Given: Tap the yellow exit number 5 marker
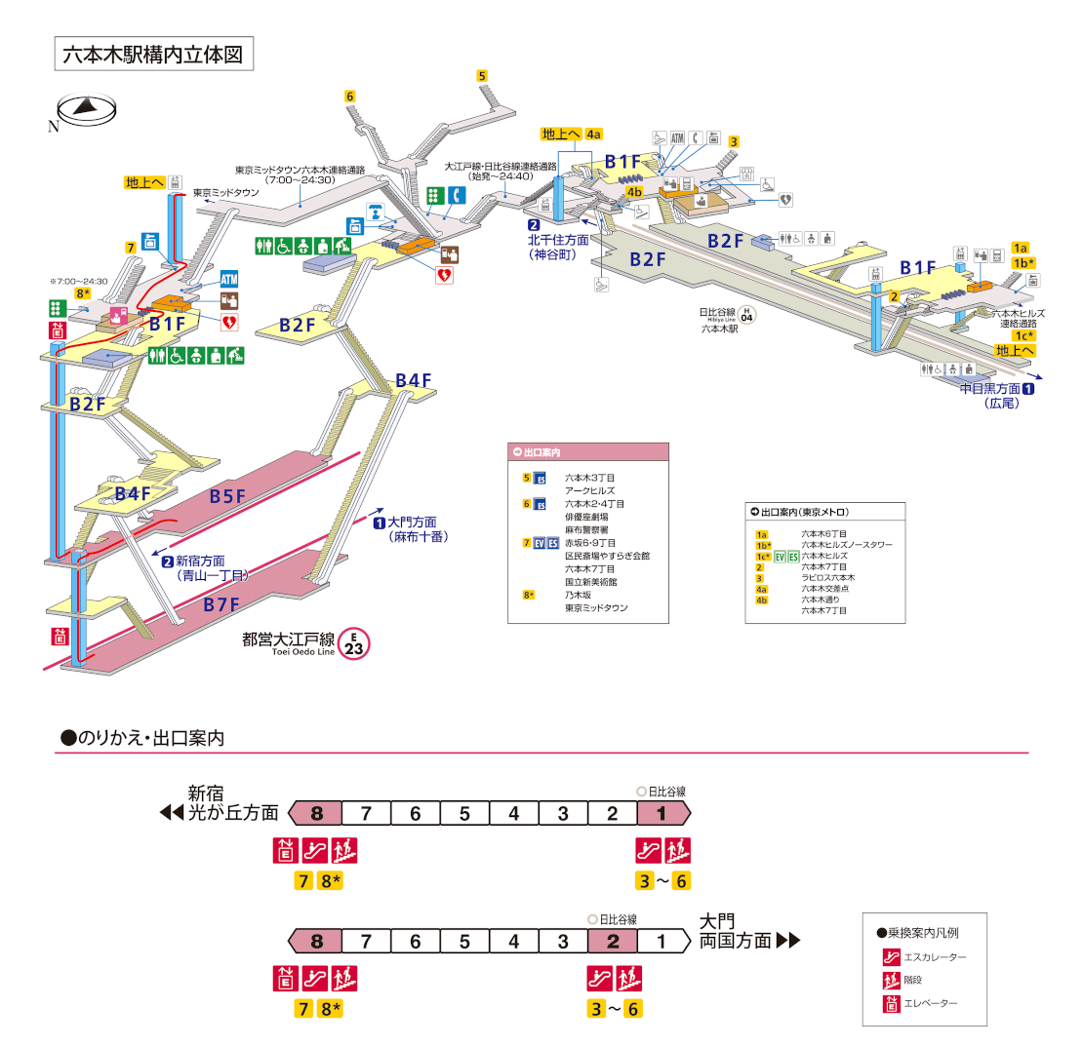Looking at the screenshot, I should coord(482,75).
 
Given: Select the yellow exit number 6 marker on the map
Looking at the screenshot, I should coord(349,96).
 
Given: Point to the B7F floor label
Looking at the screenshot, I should coord(221,605).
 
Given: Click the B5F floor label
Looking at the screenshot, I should coord(227,497).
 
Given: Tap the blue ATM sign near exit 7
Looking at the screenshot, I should coord(229,279).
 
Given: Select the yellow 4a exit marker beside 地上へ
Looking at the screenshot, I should coord(594,134).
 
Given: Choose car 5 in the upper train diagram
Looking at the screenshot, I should coord(465,813).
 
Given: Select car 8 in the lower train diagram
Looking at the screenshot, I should coord(316,942).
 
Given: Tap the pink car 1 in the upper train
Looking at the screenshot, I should coord(662,813).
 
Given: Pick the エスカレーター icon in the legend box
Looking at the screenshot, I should coord(890,957).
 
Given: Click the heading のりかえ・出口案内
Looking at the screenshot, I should coord(142,738).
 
